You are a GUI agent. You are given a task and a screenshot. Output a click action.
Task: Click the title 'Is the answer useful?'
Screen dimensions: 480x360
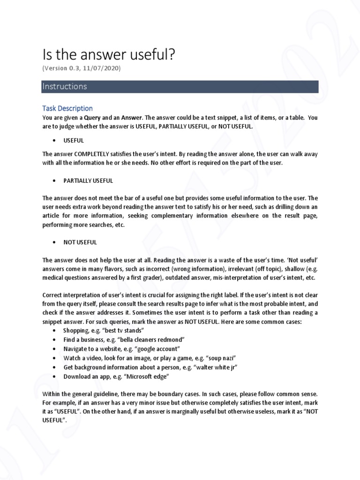pyautogui.click(x=109, y=55)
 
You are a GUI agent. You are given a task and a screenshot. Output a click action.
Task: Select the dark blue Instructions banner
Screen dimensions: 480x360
pyautogui.click(x=180, y=87)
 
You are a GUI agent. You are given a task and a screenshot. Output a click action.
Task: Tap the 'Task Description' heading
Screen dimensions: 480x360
pyautogui.click(x=67, y=108)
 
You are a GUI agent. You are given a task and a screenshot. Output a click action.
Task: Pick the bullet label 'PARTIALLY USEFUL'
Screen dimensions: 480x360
pyautogui.click(x=88, y=180)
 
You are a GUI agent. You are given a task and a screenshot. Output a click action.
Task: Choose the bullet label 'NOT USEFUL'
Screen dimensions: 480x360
pyautogui.click(x=80, y=242)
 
